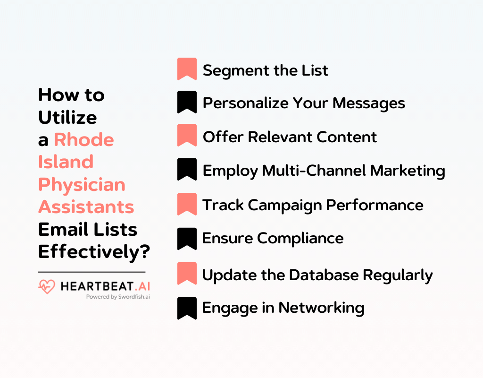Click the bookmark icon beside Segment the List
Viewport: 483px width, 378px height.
pos(187,69)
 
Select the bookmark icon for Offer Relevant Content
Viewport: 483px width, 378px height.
pos(187,136)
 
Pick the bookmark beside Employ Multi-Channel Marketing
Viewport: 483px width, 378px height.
pos(187,170)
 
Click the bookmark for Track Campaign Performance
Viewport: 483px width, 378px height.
pos(187,204)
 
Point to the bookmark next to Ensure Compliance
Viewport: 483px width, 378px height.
pos(187,238)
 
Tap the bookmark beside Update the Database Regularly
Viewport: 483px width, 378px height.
pos(187,274)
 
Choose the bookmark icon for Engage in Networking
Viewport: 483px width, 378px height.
pos(187,308)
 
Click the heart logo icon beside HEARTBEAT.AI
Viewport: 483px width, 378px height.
pos(46,286)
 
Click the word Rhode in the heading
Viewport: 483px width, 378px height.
pos(83,140)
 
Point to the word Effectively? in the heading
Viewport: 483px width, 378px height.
pos(94,251)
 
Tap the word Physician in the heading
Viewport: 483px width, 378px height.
pos(82,184)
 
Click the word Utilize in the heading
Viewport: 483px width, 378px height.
pos(67,117)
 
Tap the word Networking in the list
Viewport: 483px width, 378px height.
pos(321,308)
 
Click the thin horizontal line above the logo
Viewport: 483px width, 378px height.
pos(92,272)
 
